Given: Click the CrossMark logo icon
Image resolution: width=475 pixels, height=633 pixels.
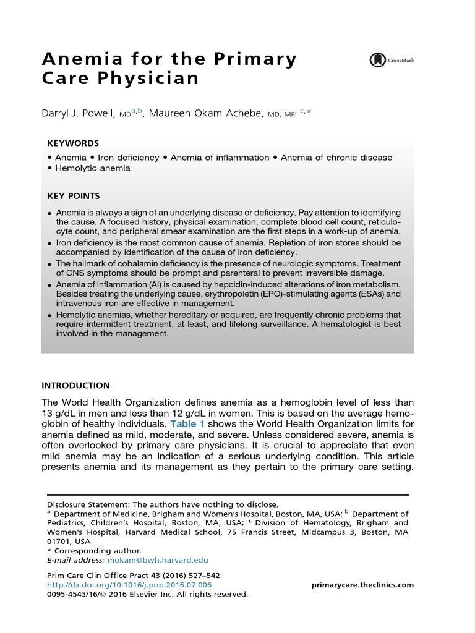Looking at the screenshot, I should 377,60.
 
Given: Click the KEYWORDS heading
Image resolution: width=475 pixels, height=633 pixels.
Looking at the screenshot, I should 73,143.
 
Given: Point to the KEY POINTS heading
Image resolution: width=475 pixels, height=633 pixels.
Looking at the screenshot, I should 74,196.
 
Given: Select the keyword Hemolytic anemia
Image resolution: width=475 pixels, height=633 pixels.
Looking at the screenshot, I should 92,168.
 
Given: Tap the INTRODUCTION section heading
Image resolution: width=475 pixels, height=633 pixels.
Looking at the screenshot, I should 75,386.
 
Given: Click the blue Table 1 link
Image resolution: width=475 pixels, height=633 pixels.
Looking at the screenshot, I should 187,423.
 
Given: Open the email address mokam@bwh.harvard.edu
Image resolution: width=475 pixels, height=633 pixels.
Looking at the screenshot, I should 158,559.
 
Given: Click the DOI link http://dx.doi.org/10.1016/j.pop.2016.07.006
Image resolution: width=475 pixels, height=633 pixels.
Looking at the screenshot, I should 129,585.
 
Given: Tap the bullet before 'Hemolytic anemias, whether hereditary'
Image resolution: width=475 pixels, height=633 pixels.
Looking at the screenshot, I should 49,315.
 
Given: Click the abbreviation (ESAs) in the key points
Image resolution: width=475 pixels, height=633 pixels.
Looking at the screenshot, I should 370,294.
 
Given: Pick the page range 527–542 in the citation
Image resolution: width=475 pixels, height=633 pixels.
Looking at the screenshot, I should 201,575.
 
